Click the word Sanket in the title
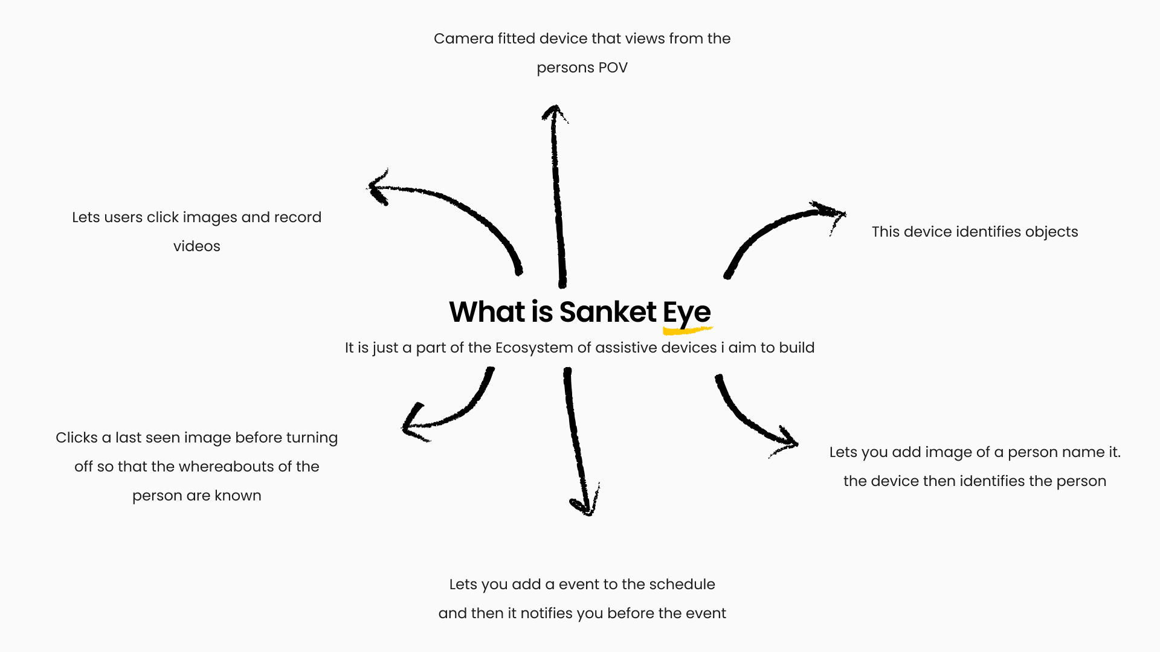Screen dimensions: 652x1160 (607, 312)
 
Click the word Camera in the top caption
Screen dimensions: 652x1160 (463, 39)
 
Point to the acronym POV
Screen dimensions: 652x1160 (613, 68)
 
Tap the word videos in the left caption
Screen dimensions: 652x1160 (196, 246)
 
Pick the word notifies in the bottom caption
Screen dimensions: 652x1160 (546, 613)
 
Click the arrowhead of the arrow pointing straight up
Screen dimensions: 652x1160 (555, 112)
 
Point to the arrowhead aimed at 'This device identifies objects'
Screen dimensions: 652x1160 (831, 213)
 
